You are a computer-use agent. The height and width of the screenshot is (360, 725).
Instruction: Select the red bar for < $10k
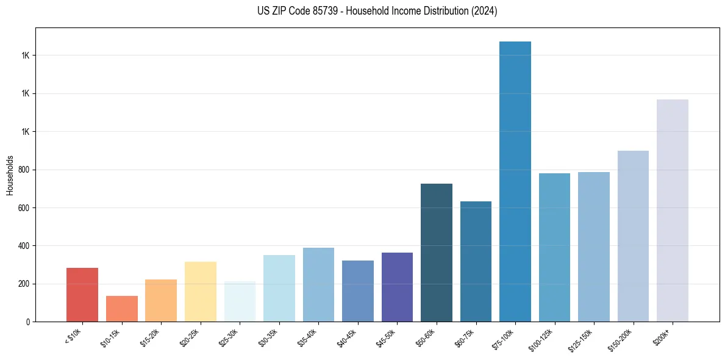(82, 295)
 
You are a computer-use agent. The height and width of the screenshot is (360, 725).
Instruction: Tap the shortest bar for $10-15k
(121, 309)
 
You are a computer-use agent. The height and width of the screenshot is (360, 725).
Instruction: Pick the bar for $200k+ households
(673, 211)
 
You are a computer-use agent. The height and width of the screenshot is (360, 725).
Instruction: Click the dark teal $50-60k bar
(437, 253)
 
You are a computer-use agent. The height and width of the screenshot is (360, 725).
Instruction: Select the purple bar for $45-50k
(397, 287)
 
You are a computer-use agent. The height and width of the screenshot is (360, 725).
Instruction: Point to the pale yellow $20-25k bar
(201, 292)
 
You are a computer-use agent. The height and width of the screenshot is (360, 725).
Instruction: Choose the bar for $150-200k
(633, 236)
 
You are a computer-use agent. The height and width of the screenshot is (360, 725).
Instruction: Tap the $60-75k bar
(476, 261)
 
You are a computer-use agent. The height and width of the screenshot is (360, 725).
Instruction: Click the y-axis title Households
(10, 175)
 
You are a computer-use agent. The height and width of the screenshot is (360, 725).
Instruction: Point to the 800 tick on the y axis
(26, 170)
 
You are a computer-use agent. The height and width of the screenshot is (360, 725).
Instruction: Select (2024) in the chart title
(485, 11)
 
